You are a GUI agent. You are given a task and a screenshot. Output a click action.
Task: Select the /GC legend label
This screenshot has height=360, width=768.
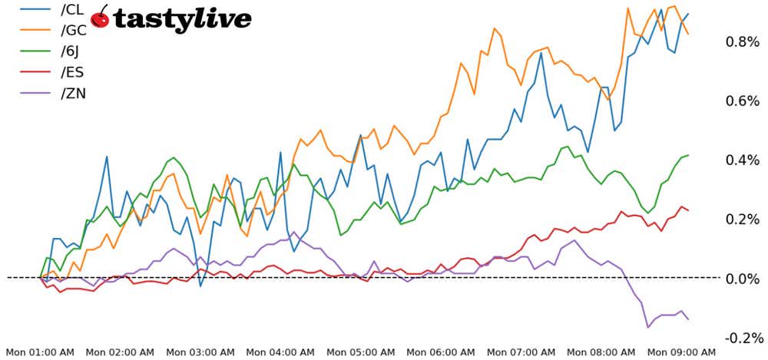click(x=72, y=31)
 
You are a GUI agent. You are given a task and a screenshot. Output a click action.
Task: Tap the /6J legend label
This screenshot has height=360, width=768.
click(x=71, y=53)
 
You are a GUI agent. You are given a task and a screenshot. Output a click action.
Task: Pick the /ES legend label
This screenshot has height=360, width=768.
click(x=71, y=74)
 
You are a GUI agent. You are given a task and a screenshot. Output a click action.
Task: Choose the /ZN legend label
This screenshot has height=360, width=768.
click(x=71, y=96)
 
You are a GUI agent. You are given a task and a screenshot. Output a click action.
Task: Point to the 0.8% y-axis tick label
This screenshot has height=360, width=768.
click(x=742, y=41)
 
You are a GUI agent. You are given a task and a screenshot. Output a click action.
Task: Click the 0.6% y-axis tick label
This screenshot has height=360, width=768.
click(x=742, y=101)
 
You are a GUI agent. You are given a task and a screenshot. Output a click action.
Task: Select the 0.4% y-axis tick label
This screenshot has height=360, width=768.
click(x=742, y=160)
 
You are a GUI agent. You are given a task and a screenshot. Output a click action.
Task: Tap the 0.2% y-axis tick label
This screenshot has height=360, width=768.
click(x=742, y=219)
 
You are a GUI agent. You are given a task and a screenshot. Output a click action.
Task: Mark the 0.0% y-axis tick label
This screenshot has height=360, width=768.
click(x=742, y=278)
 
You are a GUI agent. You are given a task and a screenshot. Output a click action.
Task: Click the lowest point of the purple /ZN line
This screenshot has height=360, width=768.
click(x=648, y=327)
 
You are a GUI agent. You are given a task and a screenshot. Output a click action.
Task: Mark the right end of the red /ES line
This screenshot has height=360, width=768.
click(x=688, y=210)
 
